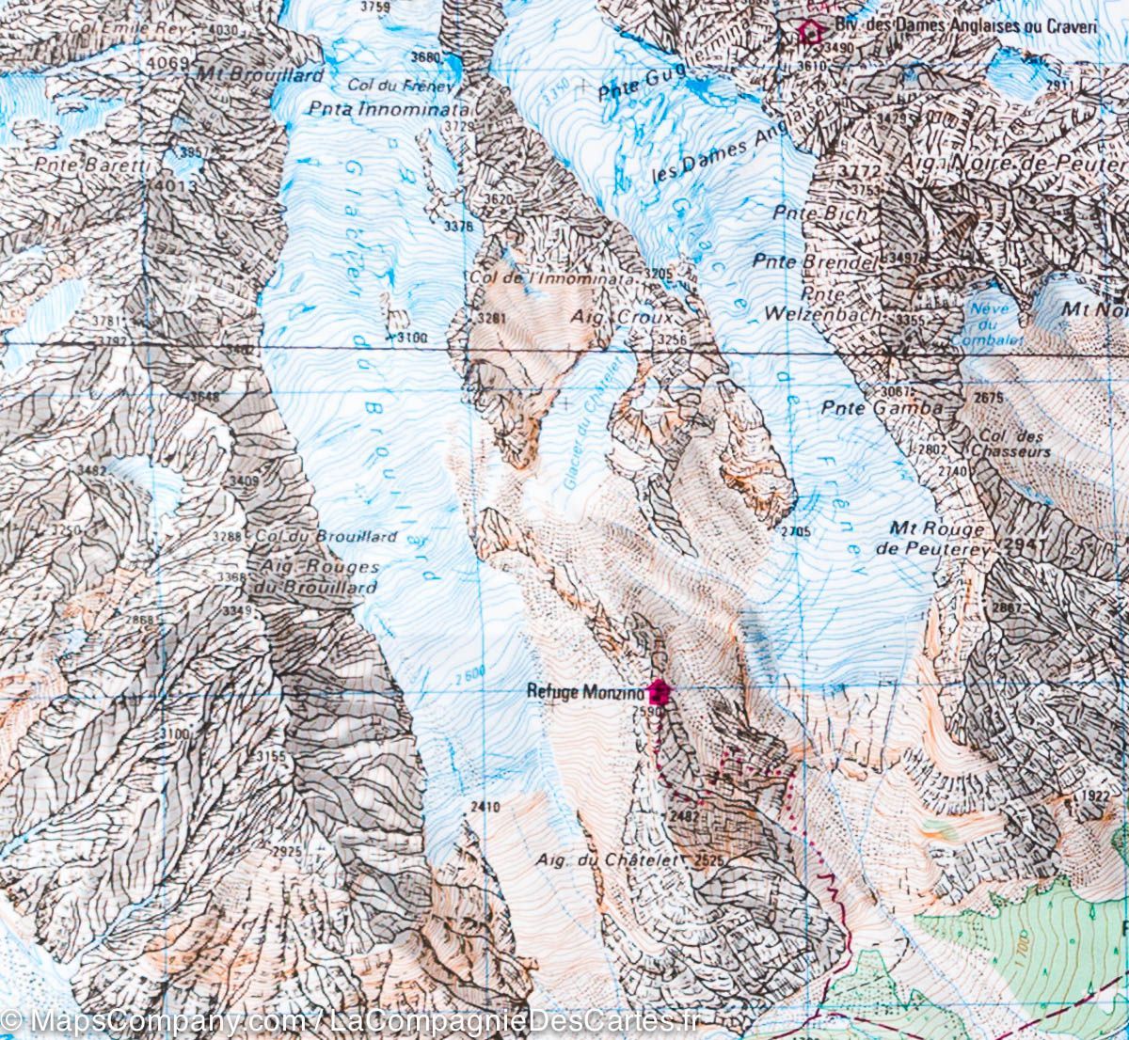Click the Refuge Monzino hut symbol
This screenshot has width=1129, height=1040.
point(660,692)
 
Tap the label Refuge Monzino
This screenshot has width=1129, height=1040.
point(586,692)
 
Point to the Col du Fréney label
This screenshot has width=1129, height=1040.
point(400,86)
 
